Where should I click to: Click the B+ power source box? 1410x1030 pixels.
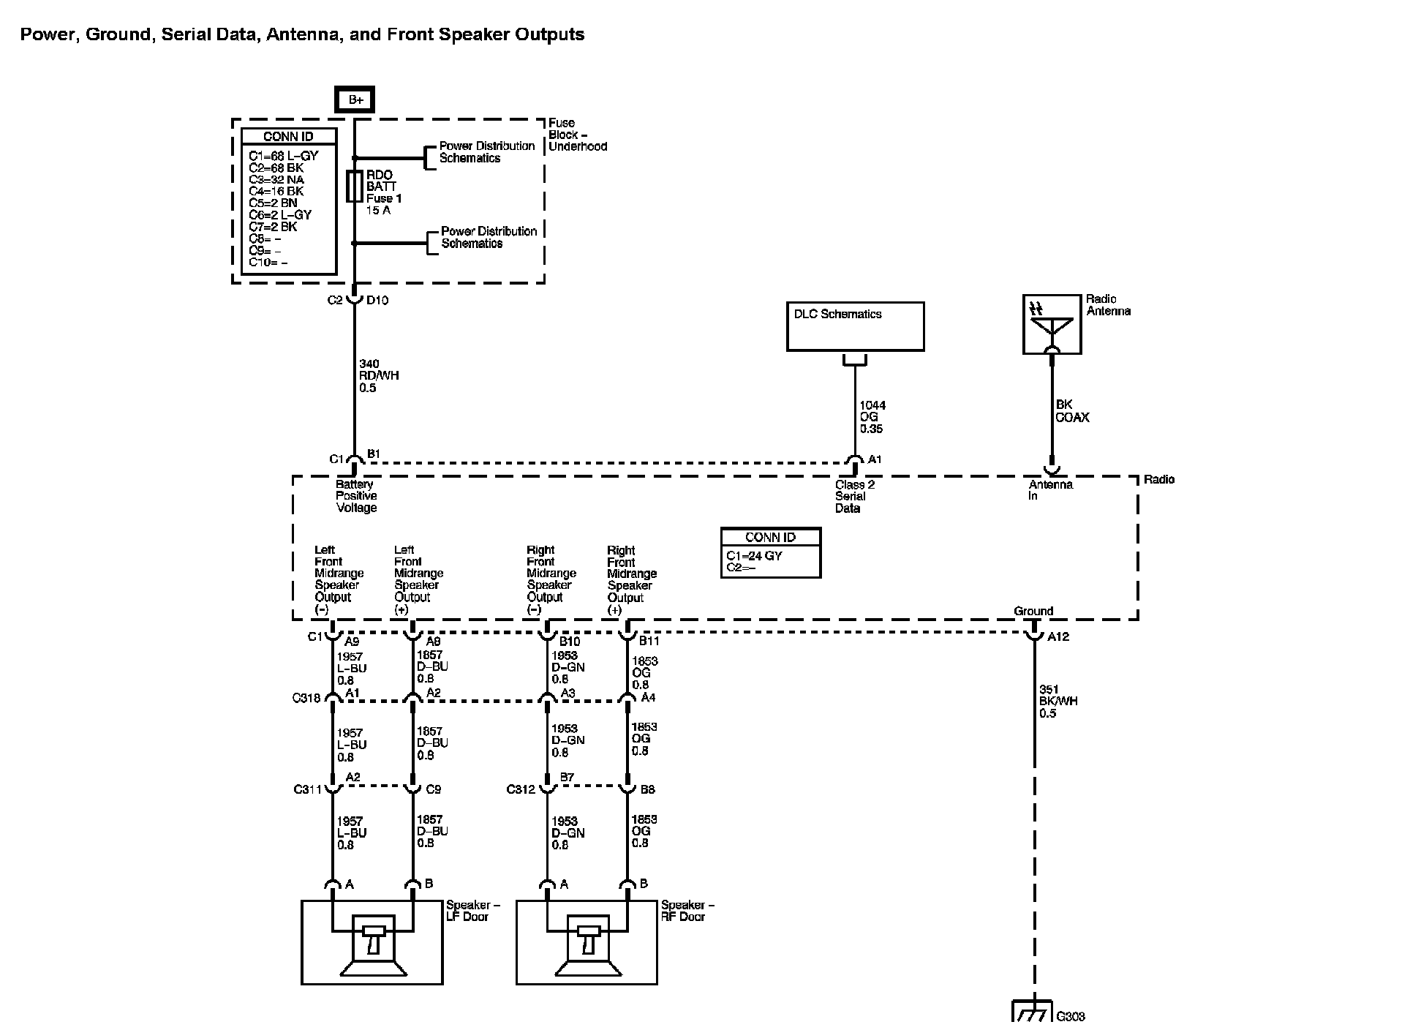click(x=355, y=99)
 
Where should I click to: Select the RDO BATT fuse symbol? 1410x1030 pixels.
click(x=355, y=187)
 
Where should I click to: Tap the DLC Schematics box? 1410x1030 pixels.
click(x=855, y=326)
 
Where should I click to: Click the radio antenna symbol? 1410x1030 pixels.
click(x=1052, y=324)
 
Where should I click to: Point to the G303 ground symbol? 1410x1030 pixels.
click(x=1032, y=1010)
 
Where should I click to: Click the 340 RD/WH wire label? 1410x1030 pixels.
click(x=379, y=375)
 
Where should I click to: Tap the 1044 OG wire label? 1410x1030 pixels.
click(x=872, y=417)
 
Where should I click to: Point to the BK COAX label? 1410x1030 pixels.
click(x=1072, y=411)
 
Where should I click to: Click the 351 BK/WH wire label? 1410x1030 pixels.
click(x=1058, y=701)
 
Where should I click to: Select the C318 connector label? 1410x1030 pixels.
click(x=306, y=698)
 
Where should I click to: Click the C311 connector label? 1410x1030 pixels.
click(x=308, y=789)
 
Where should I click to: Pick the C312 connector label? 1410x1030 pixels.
click(x=521, y=789)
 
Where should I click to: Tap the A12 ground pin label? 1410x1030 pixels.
click(x=1058, y=636)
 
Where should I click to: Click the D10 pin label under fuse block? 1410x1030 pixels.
click(x=377, y=300)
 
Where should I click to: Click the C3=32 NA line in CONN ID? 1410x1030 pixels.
click(x=276, y=179)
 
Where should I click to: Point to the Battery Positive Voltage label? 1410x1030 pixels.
click(x=356, y=496)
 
